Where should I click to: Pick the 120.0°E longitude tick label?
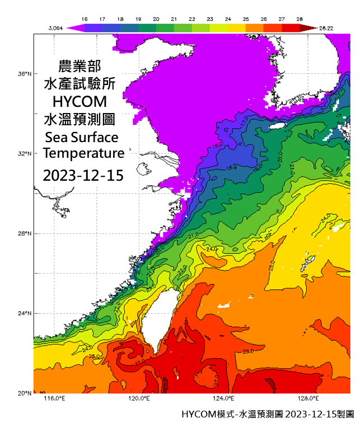(139, 398)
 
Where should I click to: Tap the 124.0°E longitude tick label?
(223, 398)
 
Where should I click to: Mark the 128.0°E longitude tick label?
(308, 398)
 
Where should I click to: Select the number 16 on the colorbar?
(85, 18)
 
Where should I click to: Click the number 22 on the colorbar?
(192, 18)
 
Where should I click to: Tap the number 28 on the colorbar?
(300, 18)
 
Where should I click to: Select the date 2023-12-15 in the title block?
(83, 175)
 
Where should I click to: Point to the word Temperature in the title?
(83, 153)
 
